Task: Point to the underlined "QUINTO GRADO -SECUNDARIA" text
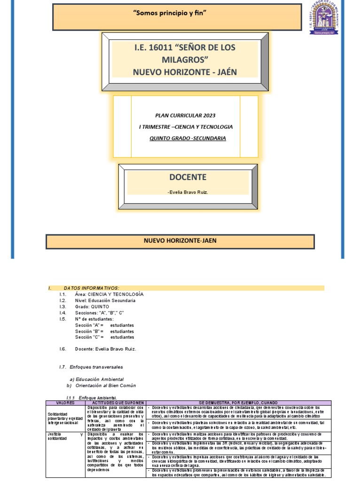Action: click(x=187, y=138)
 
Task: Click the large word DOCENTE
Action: click(x=187, y=177)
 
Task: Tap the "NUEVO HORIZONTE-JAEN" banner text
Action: click(x=180, y=240)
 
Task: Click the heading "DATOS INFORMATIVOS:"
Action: click(x=91, y=287)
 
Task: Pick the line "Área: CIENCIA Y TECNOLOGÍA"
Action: click(x=109, y=294)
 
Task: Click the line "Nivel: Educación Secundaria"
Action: click(x=105, y=300)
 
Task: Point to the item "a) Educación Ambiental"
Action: click(x=96, y=379)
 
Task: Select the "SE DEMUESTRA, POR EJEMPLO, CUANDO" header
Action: click(x=238, y=403)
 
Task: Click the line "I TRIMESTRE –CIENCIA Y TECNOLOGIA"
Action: click(x=186, y=127)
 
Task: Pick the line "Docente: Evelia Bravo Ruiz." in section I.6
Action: click(x=105, y=349)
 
